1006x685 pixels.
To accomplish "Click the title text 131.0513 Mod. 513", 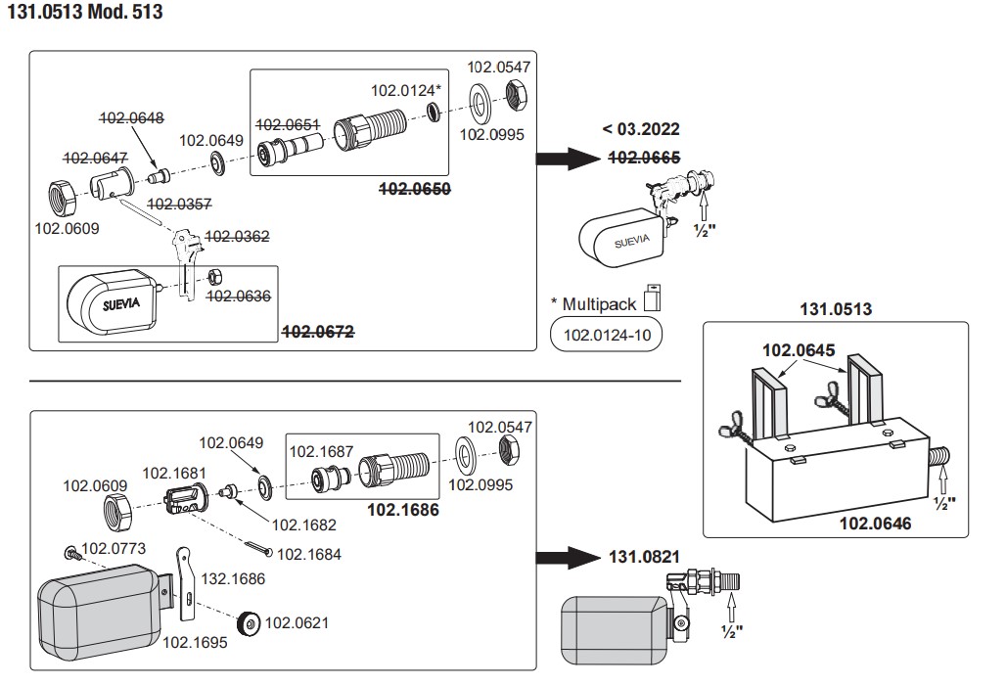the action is tap(85, 12).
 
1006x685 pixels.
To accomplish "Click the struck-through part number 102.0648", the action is tap(131, 118).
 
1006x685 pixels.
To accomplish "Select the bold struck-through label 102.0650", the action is tap(415, 189).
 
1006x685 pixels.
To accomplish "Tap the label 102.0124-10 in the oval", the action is tap(607, 335).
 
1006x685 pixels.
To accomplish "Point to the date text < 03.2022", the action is tap(641, 129).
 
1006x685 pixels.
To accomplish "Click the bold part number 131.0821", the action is tap(644, 557).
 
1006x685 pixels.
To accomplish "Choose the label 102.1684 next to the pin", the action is tap(309, 555).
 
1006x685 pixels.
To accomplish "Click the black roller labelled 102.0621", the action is tap(249, 624).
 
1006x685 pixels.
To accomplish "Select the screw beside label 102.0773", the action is tap(71, 551).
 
